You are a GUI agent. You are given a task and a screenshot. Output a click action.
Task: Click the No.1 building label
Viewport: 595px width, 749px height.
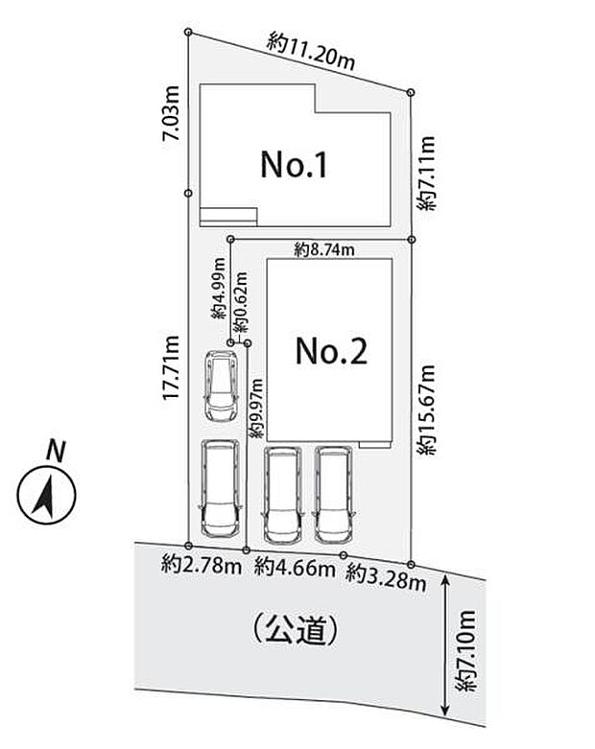(x=295, y=166)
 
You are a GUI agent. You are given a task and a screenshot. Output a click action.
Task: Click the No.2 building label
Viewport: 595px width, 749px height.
(x=330, y=353)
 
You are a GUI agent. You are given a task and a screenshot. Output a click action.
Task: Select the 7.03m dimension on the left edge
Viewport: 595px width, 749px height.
(x=172, y=113)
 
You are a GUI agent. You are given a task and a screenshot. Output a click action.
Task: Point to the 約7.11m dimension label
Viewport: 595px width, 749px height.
(x=429, y=173)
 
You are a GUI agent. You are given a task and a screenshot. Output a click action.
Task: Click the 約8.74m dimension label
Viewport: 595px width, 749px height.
(x=324, y=250)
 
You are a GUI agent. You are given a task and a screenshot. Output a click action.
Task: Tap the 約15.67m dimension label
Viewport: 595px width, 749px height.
(x=429, y=409)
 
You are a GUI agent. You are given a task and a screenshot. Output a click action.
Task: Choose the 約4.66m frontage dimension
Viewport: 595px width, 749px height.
(x=295, y=568)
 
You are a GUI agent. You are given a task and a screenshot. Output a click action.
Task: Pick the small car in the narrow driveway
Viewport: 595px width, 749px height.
(x=222, y=386)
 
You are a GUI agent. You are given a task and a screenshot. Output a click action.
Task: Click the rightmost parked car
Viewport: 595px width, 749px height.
(x=332, y=492)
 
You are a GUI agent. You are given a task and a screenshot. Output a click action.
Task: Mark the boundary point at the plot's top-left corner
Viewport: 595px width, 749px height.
(x=188, y=34)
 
